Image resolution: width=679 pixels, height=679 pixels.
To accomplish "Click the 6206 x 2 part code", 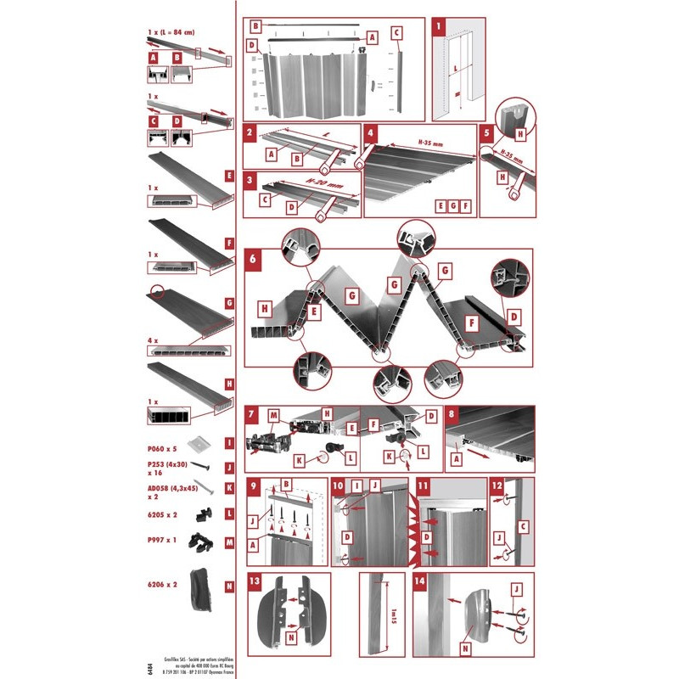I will pos(162,585).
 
